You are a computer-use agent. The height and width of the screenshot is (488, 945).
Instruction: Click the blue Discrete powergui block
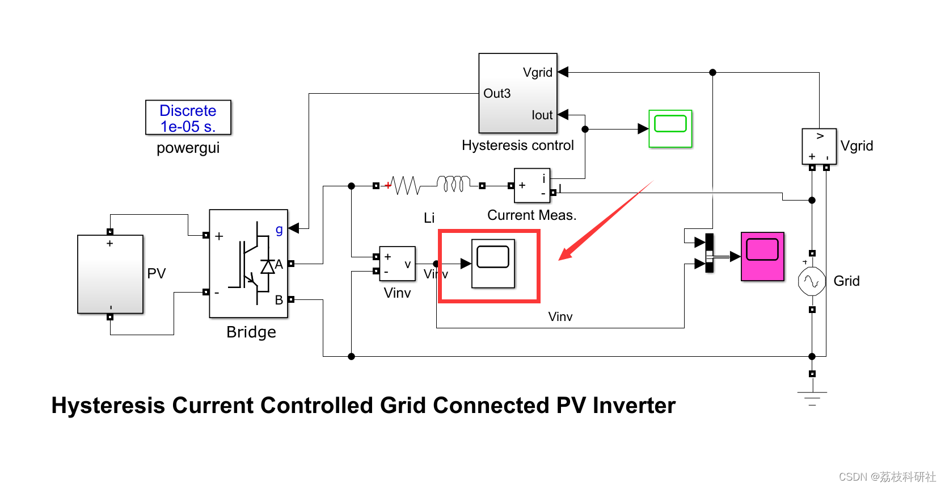click(x=188, y=118)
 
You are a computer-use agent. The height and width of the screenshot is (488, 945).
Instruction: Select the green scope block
click(x=670, y=128)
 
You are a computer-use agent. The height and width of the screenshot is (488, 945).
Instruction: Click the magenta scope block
click(x=762, y=256)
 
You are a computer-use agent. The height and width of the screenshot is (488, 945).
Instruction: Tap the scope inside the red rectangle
click(x=493, y=264)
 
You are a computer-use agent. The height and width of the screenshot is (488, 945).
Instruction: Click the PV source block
click(x=110, y=274)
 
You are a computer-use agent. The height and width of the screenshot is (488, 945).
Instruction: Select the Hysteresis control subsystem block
click(x=517, y=93)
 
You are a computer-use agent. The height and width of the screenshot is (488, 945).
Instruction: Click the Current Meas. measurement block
click(x=531, y=185)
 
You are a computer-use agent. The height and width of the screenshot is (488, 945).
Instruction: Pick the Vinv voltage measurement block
click(x=397, y=264)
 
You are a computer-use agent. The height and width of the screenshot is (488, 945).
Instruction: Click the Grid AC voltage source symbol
click(x=812, y=281)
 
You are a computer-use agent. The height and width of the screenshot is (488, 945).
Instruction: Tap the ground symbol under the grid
click(x=812, y=398)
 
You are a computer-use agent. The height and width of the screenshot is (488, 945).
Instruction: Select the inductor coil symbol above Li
click(x=453, y=183)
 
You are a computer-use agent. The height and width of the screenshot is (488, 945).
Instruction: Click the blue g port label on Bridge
click(x=279, y=230)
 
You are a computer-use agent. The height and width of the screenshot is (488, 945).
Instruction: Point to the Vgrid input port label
click(x=537, y=73)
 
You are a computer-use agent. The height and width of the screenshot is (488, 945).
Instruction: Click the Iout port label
click(x=542, y=115)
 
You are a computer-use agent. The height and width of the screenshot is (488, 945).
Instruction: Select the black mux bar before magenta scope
click(x=709, y=253)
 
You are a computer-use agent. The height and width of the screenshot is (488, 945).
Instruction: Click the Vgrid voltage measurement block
click(x=819, y=146)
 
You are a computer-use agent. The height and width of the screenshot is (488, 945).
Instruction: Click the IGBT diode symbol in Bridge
click(x=267, y=266)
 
